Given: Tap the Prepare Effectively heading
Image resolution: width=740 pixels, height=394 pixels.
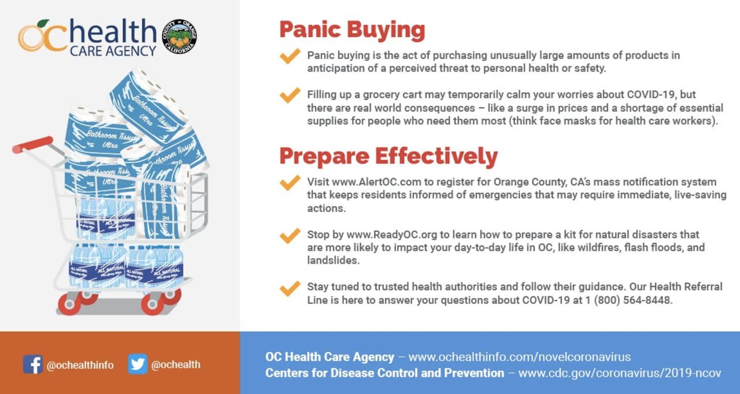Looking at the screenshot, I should coord(388,157).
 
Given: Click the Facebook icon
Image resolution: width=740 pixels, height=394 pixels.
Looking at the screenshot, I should coord(33,364).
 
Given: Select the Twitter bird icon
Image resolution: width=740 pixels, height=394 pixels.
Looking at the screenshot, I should coord(138,364).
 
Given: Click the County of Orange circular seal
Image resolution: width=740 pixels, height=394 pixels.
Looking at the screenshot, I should coord(179,36).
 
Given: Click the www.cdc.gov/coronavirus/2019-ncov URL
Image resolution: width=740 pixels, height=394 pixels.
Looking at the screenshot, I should coord(620,373).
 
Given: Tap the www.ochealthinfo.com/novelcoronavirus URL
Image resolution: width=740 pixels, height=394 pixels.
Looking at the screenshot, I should coord(519,356).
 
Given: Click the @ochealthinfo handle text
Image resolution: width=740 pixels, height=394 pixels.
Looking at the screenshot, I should coord(80,365).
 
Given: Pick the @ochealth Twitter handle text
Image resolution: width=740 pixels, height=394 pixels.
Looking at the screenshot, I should coord(176,365).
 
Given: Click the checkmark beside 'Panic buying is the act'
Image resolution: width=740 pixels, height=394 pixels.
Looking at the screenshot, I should coord(290,56).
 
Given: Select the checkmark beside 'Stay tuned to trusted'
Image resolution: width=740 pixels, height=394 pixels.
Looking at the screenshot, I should coord(290,288).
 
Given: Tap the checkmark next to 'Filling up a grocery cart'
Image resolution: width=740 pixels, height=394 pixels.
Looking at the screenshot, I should coord(290,95).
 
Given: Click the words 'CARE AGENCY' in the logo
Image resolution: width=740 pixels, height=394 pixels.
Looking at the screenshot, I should coord(113,51).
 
